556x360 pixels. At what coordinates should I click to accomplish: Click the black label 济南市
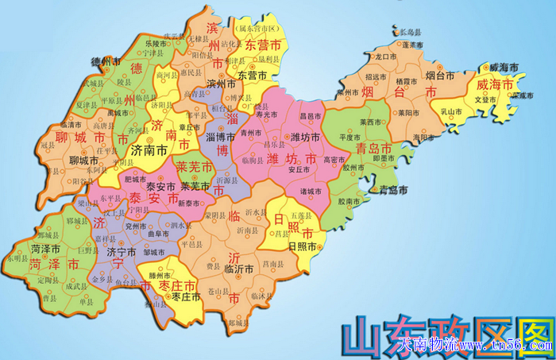pyautogui.click(x=149, y=149)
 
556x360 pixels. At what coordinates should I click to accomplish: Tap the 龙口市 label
pyautogui.click(x=386, y=56)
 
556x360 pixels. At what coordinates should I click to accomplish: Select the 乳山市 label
pyautogui.click(x=452, y=112)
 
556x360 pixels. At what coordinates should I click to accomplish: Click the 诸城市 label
pyautogui.click(x=311, y=191)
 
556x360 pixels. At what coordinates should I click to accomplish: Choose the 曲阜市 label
pyautogui.click(x=159, y=235)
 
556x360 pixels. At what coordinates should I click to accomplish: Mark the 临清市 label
pyautogui.click(x=71, y=125)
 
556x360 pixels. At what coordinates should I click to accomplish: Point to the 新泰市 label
pyautogui.click(x=190, y=204)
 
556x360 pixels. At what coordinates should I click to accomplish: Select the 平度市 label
pyautogui.click(x=350, y=136)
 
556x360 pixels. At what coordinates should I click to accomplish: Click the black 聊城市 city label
pyautogui.click(x=84, y=161)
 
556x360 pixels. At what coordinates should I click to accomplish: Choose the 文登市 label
pyautogui.click(x=485, y=99)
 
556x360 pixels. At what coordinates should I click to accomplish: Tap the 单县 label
pyautogui.click(x=79, y=302)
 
